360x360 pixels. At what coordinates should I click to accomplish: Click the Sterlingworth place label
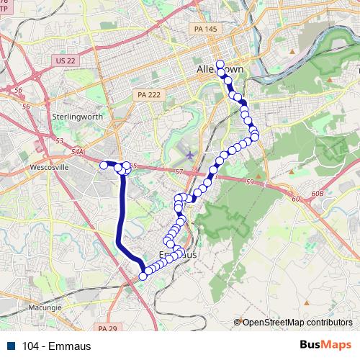[x=78, y=116]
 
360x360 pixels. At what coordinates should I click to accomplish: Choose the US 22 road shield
[x=65, y=61]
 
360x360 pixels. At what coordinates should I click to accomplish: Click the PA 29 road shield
[x=107, y=329]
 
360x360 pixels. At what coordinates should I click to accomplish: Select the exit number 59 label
[x=250, y=183]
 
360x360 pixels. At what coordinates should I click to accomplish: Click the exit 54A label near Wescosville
[x=78, y=152]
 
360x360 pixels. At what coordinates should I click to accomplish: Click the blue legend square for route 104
[x=12, y=346]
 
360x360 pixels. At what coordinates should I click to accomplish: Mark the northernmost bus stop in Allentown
[x=220, y=63]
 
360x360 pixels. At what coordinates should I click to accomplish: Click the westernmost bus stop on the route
[x=104, y=165]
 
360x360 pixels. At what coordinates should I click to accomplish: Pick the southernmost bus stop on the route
[x=143, y=275]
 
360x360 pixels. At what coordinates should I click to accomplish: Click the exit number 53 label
[x=60, y=141]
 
